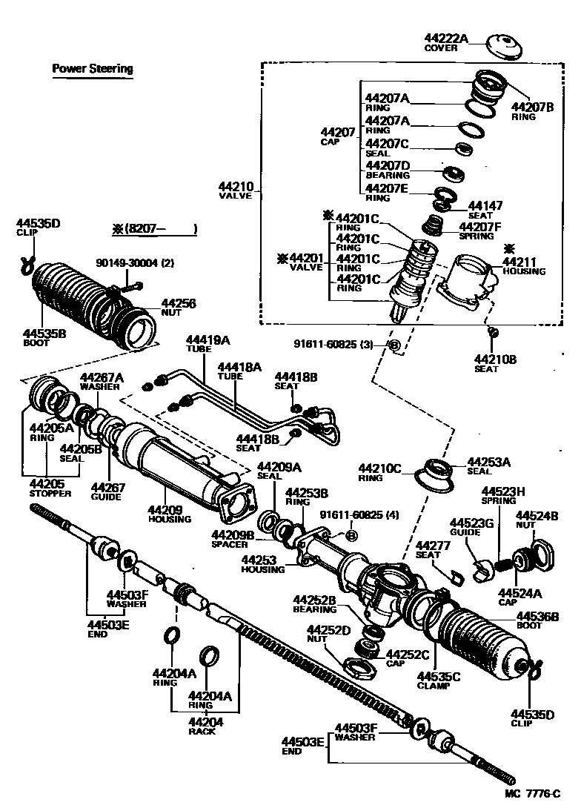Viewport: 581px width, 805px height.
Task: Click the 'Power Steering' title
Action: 93,69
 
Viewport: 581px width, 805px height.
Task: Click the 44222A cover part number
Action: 446,39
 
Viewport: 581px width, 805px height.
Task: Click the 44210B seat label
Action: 496,360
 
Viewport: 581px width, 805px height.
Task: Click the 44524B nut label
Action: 537,515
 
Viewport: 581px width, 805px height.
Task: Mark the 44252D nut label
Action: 329,629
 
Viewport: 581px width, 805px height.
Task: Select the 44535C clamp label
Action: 439,676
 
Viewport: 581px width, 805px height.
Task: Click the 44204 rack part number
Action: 202,722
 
